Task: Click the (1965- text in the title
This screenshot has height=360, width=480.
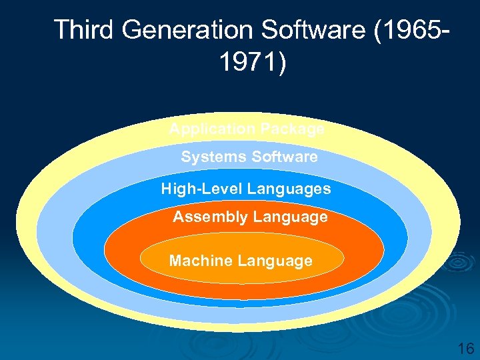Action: [x=413, y=30]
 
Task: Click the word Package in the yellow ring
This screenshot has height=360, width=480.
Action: [x=290, y=129]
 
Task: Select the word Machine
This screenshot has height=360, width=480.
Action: [x=199, y=261]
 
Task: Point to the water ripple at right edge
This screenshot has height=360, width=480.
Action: [x=460, y=263]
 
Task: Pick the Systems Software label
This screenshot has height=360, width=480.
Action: [x=249, y=157]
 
